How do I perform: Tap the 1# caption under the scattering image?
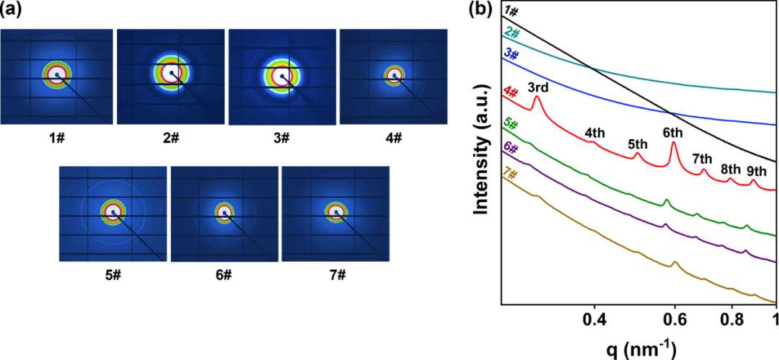[57, 136]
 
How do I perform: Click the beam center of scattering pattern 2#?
[172, 73]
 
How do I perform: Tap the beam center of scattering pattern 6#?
[224, 213]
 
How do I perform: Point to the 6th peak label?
[674, 133]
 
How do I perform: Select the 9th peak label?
[757, 171]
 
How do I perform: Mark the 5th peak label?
[638, 144]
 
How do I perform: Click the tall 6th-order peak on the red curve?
[674, 143]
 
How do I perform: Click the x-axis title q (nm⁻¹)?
[638, 346]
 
